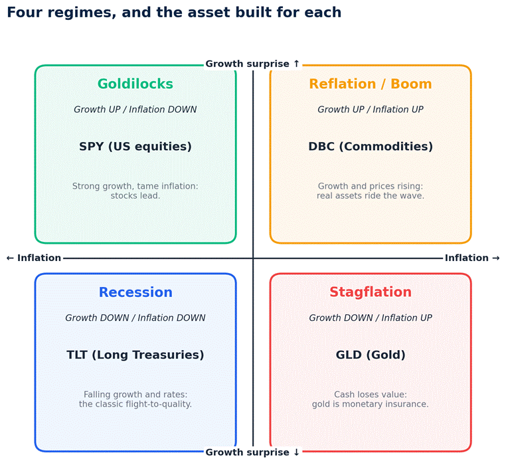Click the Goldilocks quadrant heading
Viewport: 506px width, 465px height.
[x=135, y=84]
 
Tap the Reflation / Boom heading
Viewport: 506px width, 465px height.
[x=371, y=84]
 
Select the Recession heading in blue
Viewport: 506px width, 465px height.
[x=135, y=292]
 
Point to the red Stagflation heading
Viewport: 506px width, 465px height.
[x=371, y=292]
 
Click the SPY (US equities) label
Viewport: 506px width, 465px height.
[x=135, y=147]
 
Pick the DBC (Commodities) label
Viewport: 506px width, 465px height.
[x=371, y=147]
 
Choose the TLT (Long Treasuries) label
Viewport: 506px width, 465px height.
[x=135, y=355]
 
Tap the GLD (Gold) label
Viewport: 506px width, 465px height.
[x=371, y=355]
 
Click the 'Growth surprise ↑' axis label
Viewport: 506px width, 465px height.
[x=253, y=64]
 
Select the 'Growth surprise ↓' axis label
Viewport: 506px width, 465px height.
[x=253, y=452]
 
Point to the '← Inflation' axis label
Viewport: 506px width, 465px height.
[x=34, y=258]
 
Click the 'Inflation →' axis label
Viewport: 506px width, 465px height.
[x=472, y=258]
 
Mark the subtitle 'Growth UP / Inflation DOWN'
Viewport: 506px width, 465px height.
[x=135, y=110]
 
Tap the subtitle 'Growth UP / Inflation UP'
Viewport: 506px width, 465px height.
[x=371, y=110]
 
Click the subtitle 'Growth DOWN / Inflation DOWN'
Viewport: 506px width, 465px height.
[x=135, y=318]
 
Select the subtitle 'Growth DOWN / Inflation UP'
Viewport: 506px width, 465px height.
[x=371, y=318]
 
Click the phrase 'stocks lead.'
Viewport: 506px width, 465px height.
[x=135, y=196]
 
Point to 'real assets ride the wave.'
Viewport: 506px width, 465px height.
[x=371, y=196]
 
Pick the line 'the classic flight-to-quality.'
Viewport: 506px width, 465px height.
[x=135, y=404]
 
